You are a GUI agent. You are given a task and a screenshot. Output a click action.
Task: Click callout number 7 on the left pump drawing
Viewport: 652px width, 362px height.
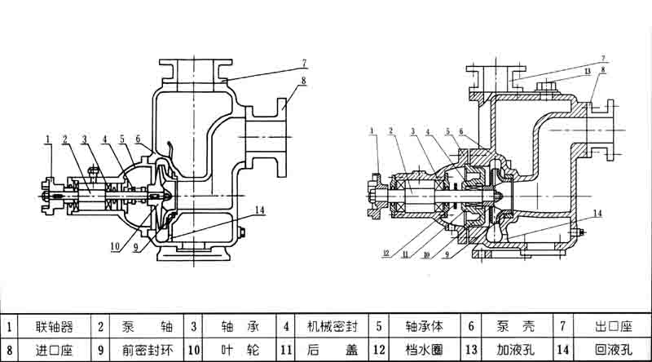pyautogui.click(x=302, y=62)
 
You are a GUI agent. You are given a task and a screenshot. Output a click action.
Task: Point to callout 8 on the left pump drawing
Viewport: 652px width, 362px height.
pyautogui.click(x=302, y=80)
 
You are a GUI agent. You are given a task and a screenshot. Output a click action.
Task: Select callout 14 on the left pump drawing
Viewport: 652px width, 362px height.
pyautogui.click(x=259, y=210)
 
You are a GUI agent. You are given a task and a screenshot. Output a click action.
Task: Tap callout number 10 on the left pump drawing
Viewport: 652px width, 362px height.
pyautogui.click(x=115, y=242)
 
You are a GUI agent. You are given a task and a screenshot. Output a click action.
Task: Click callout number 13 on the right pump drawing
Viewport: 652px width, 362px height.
pyautogui.click(x=587, y=72)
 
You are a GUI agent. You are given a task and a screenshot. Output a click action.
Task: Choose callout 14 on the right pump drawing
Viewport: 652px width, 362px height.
pyautogui.click(x=598, y=214)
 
